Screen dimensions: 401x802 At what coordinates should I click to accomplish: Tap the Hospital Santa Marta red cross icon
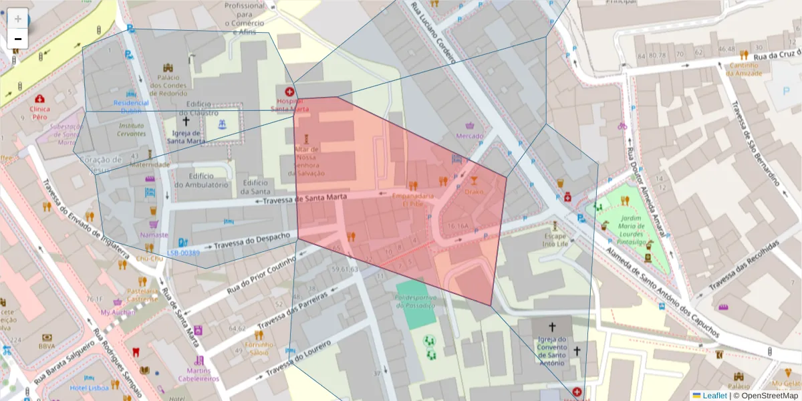pos(289,92)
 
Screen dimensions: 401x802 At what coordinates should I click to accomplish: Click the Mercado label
pos(469,136)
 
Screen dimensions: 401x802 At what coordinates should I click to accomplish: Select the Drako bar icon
pos(474,180)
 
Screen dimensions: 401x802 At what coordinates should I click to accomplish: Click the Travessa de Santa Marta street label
pos(303,199)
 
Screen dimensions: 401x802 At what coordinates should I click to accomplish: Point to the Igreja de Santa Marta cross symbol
pos(185,122)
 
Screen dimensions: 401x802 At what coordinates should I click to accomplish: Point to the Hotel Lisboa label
pos(89,388)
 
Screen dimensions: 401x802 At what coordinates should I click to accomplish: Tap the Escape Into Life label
pos(555,240)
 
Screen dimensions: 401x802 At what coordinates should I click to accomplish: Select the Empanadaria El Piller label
pos(413,200)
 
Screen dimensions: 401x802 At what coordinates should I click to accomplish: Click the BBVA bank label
pos(47,346)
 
